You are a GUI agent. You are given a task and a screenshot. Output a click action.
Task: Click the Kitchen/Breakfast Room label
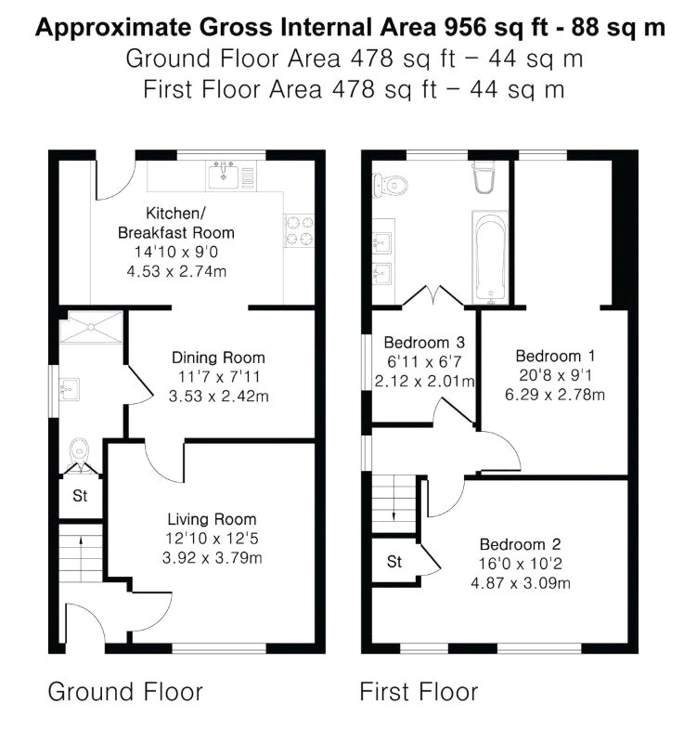175,223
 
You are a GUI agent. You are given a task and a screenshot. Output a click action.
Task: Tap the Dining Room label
218,358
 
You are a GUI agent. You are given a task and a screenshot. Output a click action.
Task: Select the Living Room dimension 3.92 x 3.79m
212,557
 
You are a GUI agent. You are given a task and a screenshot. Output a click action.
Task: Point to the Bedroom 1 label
555,356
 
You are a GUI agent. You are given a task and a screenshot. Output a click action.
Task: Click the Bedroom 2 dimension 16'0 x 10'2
521,564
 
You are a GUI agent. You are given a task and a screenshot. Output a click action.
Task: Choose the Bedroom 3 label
424,343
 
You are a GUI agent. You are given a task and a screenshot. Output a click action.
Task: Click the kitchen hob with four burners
299,230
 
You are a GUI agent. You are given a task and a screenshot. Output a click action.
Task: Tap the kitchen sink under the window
224,175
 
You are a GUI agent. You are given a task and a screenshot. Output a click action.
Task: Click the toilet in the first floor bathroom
390,186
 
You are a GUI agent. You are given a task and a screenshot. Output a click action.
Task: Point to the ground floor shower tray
92,327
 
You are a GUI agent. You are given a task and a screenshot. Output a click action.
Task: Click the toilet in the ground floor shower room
81,456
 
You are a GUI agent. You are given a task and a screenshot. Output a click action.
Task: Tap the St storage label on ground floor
80,496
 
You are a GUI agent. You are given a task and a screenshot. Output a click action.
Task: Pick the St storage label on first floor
394,562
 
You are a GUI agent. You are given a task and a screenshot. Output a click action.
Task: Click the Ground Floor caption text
125,691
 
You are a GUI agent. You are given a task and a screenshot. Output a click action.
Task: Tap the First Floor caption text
419,691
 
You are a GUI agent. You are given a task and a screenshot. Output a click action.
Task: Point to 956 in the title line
465,28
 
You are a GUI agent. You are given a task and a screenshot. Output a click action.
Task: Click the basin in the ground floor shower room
70,389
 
